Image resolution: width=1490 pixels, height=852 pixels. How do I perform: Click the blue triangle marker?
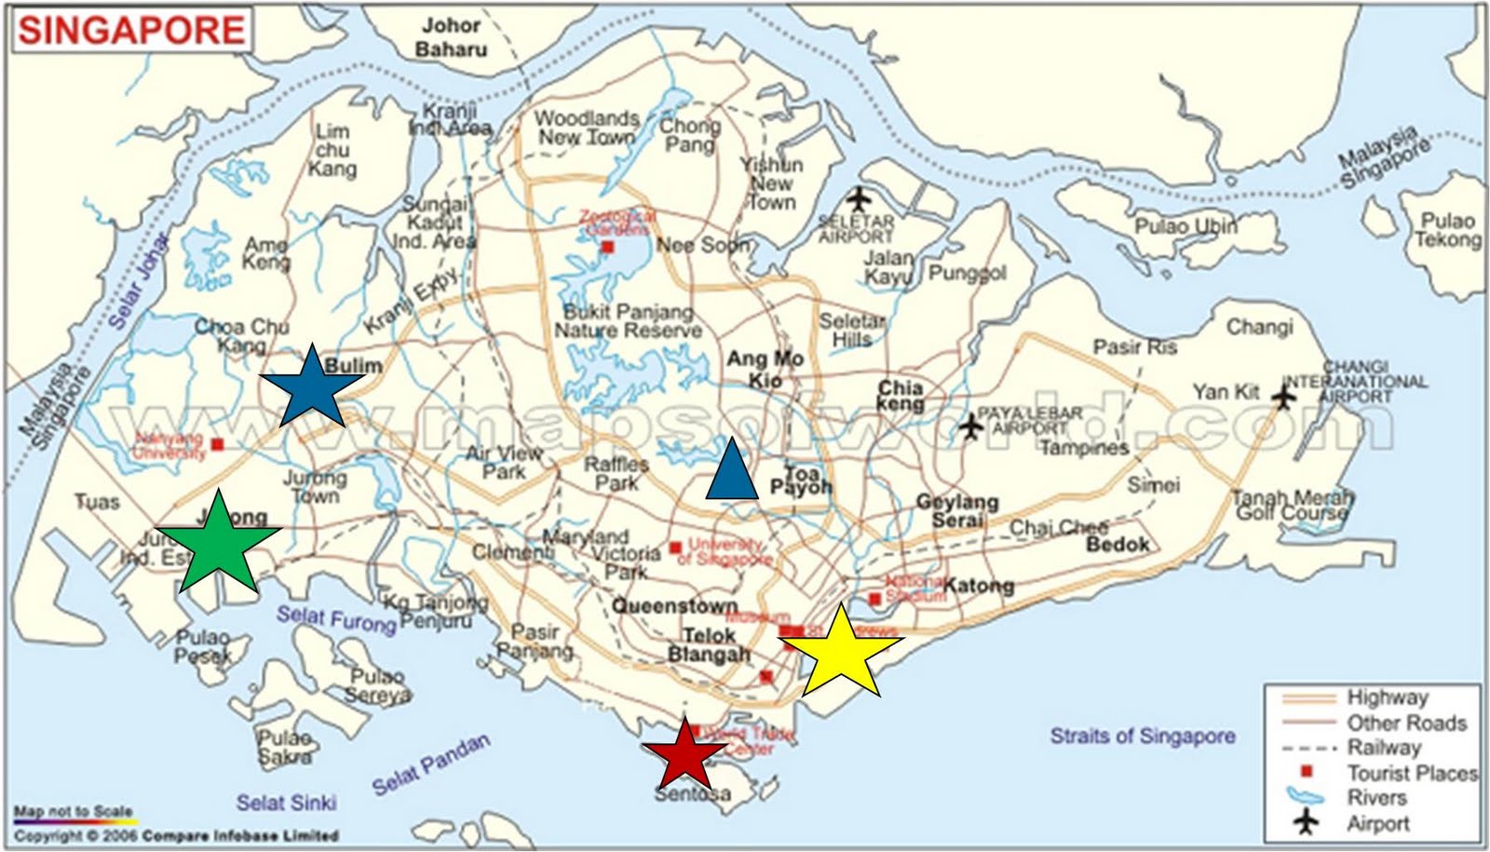pyautogui.click(x=732, y=470)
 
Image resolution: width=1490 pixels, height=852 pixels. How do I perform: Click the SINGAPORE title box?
pyautogui.click(x=131, y=30)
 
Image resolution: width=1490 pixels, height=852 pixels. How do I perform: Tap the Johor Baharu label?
pyautogui.click(x=452, y=38)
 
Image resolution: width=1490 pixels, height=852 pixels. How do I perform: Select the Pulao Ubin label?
pyautogui.click(x=1185, y=226)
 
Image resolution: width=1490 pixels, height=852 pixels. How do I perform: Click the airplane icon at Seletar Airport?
pyautogui.click(x=859, y=198)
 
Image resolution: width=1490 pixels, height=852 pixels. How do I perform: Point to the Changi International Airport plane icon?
pyautogui.click(x=1284, y=398)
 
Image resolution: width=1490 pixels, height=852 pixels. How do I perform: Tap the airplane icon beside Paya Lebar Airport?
pyautogui.click(x=970, y=426)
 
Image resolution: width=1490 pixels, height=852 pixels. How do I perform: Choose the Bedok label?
pyautogui.click(x=1117, y=544)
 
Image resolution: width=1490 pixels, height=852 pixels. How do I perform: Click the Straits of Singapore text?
pyautogui.click(x=1143, y=736)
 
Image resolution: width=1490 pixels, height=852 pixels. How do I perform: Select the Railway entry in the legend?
pyautogui.click(x=1384, y=748)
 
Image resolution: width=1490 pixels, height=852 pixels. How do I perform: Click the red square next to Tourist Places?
pyautogui.click(x=1306, y=772)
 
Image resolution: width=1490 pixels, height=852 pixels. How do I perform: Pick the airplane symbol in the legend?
pyautogui.click(x=1307, y=822)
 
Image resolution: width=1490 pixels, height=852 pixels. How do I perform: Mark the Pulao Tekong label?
pyautogui.click(x=1448, y=230)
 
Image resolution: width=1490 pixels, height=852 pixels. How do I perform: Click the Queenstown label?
pyautogui.click(x=674, y=606)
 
